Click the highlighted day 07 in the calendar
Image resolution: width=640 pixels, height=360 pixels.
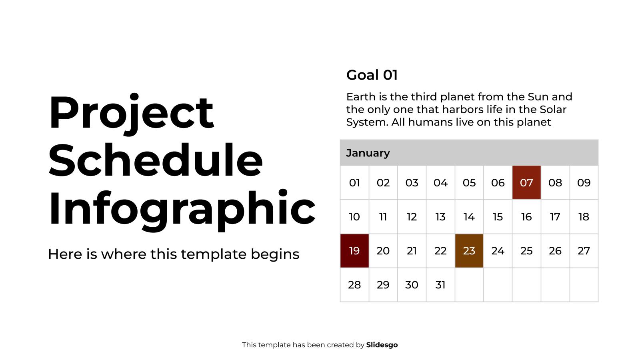click(x=526, y=182)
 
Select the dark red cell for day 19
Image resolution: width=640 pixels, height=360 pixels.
click(x=354, y=251)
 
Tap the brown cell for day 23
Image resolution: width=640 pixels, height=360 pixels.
click(x=469, y=251)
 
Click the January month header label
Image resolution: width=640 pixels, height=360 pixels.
click(x=368, y=153)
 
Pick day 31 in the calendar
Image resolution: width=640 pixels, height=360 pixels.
click(x=440, y=285)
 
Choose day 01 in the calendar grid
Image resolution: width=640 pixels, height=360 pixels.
click(x=354, y=183)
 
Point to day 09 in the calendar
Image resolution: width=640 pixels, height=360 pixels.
click(x=584, y=183)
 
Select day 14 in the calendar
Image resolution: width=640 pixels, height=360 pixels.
click(x=469, y=217)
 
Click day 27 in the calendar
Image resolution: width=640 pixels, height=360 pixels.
click(x=584, y=251)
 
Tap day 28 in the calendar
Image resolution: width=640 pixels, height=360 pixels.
click(x=354, y=285)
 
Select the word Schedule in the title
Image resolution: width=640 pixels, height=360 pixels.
click(x=156, y=160)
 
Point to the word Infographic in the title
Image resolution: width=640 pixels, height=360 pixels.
click(x=182, y=210)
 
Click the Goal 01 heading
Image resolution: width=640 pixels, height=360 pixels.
click(x=372, y=75)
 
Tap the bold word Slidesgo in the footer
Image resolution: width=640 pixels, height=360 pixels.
click(x=382, y=345)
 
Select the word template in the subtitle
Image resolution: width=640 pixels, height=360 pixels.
click(x=213, y=254)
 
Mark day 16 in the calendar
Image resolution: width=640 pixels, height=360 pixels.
click(x=526, y=217)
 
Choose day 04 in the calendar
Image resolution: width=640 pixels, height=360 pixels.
click(x=440, y=183)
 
